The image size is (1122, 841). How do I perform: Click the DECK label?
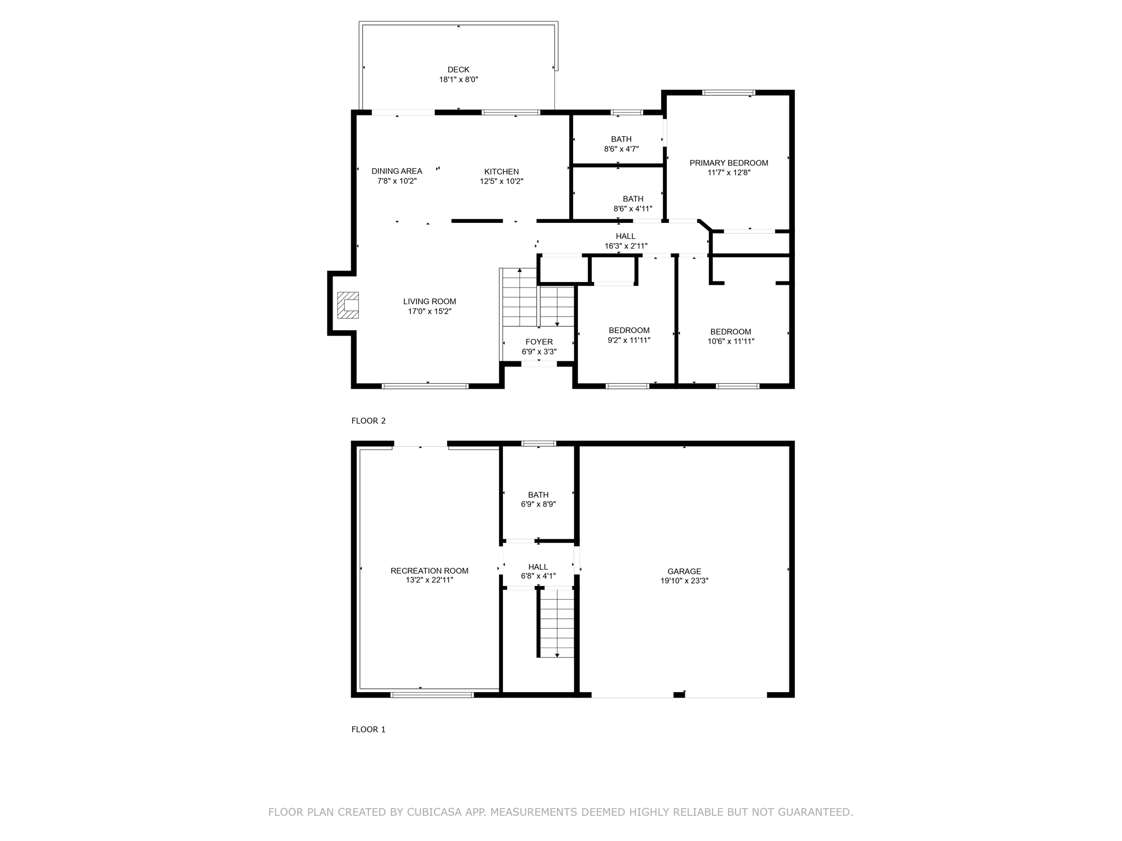coord(459,70)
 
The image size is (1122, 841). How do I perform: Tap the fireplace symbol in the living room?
coord(348,305)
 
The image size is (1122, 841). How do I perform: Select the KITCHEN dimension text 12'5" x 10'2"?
coord(501,181)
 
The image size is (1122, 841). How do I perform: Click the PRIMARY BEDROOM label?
coord(729,163)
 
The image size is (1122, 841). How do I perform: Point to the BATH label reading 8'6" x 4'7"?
coord(621,139)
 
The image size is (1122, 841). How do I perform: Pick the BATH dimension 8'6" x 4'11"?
coord(633,209)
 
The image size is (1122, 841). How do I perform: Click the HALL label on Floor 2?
coord(625,237)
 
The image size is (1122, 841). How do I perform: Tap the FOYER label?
coord(539,342)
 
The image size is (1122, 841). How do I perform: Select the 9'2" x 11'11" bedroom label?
coord(629,330)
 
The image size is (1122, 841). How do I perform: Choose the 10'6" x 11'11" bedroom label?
coord(730,332)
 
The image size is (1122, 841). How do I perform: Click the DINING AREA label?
coord(397,171)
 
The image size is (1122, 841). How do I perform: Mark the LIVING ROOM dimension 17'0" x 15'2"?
coord(430,312)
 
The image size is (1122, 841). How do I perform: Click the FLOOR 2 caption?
coord(368,421)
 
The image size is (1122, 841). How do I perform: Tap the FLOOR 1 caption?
coord(368,729)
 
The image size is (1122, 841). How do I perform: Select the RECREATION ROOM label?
coord(429,571)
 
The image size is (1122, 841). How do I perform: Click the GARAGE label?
coord(684,571)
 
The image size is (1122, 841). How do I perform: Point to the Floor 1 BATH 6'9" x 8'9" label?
coord(538,495)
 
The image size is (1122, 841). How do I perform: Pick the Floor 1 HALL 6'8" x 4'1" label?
coord(538,567)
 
